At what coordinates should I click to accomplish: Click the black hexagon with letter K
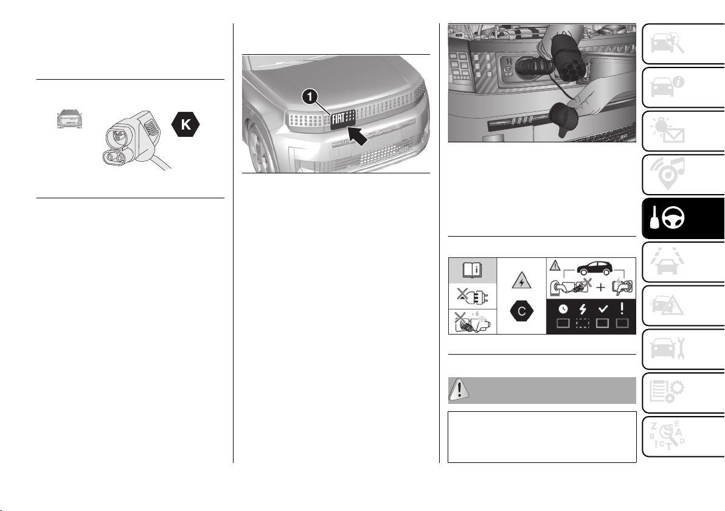click(186, 124)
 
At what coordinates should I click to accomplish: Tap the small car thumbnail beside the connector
click(69, 119)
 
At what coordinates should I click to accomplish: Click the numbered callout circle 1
click(310, 97)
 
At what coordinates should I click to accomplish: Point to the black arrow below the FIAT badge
click(358, 136)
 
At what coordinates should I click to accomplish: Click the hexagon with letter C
click(522, 311)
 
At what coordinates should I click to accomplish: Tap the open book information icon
click(473, 270)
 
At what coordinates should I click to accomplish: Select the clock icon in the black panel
click(563, 309)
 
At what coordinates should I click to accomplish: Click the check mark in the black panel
click(603, 308)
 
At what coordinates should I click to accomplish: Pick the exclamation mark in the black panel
click(622, 308)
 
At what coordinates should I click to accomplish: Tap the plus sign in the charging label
click(600, 288)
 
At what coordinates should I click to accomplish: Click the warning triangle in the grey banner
click(459, 390)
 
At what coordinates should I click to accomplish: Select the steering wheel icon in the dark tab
click(674, 217)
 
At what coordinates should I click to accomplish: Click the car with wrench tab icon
click(668, 348)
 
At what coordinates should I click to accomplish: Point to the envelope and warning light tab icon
click(668, 130)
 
